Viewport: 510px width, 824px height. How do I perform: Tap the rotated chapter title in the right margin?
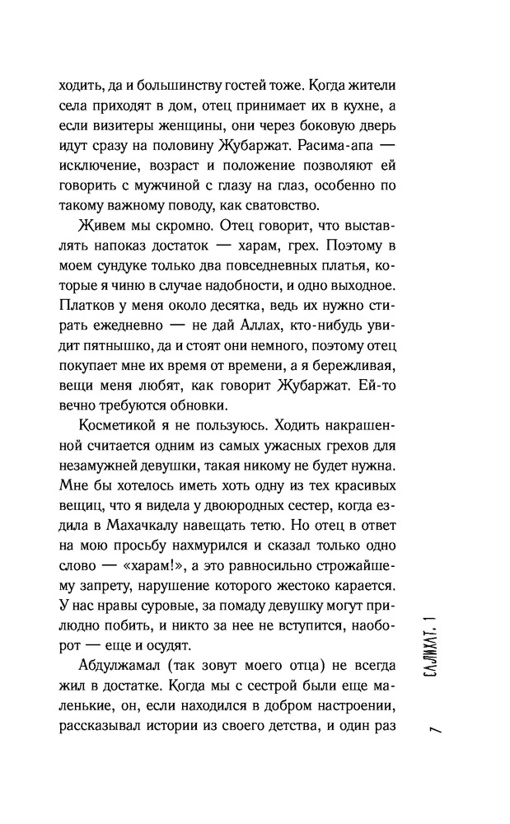click(x=442, y=647)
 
